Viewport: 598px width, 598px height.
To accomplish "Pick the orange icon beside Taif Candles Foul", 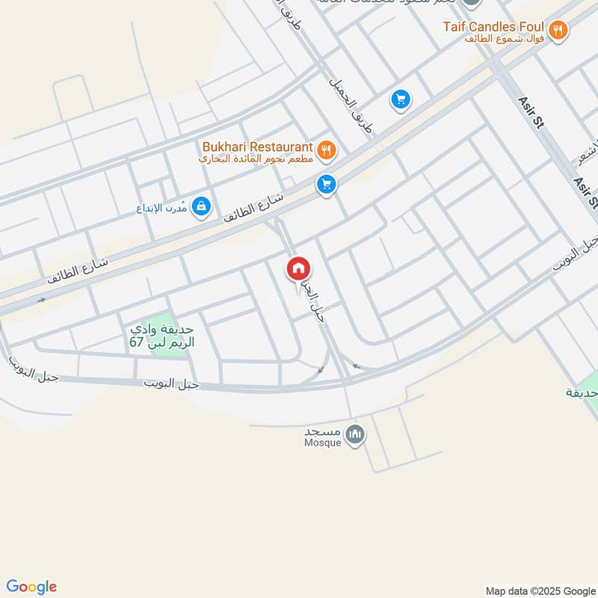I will pos(558,31).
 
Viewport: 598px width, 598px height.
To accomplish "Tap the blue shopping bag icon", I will pos(201,206).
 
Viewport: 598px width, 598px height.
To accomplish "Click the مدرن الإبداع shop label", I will pos(162,207).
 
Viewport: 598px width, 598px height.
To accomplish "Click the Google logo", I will pos(31,587).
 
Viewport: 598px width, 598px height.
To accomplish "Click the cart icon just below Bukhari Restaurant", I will pos(326,184).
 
